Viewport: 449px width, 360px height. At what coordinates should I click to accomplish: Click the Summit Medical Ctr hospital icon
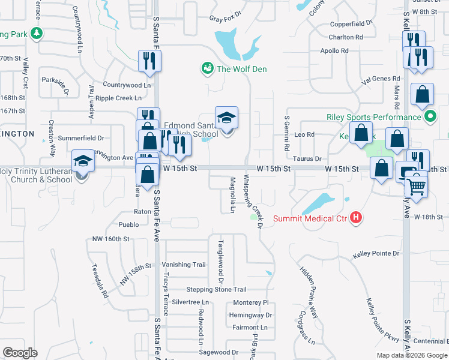pos(357,218)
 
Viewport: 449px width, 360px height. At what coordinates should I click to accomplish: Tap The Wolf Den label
pos(241,69)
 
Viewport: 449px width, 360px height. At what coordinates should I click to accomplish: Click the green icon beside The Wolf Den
pos(208,68)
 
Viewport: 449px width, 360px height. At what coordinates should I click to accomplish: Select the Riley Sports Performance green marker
pos(429,117)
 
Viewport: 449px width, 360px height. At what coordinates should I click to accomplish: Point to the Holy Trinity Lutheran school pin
pos(83,161)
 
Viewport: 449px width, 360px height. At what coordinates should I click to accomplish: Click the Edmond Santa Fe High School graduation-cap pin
pos(227,118)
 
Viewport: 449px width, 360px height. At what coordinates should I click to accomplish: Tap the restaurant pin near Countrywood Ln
pos(148,61)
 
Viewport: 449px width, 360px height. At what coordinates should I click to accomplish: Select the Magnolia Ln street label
pos(232,194)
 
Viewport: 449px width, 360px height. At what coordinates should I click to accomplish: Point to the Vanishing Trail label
pos(184,265)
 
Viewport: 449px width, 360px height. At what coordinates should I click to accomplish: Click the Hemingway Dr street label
pos(250,315)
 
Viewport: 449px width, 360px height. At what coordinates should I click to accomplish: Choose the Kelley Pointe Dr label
pos(376,254)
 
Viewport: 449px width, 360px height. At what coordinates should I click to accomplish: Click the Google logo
pos(20,353)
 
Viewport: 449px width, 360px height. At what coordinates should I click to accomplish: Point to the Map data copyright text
pos(412,355)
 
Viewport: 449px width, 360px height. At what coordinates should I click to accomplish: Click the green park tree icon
pos(37,33)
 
